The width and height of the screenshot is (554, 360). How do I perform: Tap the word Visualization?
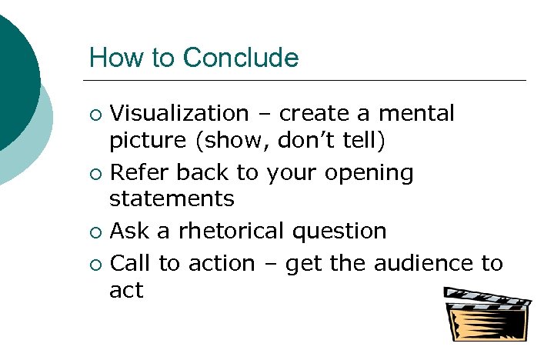tap(179, 114)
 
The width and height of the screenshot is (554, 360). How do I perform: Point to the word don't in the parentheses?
tap(312, 140)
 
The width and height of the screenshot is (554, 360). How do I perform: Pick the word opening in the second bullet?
tap(370, 174)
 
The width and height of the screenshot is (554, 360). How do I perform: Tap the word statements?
tap(172, 198)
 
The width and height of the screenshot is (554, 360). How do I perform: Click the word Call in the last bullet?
tap(132, 263)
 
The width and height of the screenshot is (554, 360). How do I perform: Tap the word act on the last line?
tap(126, 290)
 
